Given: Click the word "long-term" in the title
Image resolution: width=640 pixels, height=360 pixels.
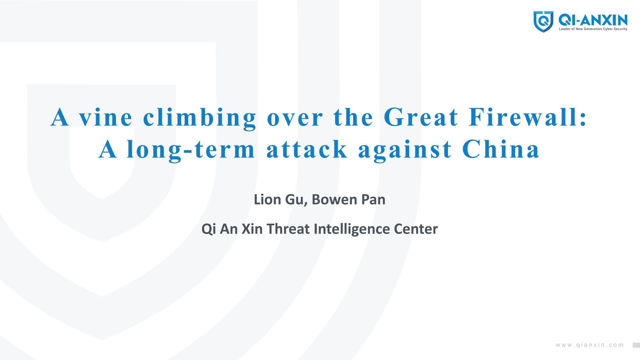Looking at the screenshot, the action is click(191, 150).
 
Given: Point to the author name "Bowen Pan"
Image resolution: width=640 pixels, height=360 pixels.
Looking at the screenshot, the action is click(348, 199).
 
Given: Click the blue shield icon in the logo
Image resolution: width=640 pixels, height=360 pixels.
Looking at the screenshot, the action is click(543, 21).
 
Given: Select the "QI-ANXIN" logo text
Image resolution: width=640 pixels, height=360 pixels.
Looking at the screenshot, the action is click(593, 20).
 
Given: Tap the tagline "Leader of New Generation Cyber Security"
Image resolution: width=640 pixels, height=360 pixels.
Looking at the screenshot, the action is click(593, 29).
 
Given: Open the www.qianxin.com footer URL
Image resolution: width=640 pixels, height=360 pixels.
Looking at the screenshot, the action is click(590, 345).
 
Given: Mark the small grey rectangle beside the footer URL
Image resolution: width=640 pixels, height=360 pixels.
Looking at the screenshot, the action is click(636, 345).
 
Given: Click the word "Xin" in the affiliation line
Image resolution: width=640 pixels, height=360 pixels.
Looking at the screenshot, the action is click(252, 229).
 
